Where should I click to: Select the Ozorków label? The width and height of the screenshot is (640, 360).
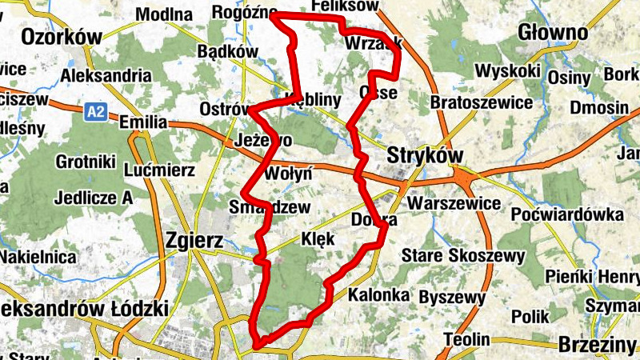[62, 37]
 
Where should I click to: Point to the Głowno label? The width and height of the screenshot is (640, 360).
[553, 33]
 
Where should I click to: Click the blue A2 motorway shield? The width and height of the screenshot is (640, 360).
[96, 112]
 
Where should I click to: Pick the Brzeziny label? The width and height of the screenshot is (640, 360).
[598, 345]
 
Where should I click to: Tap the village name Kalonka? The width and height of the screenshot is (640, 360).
[379, 295]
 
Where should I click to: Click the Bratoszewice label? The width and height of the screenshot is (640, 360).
[482, 102]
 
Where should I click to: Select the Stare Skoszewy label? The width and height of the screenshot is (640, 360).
[463, 256]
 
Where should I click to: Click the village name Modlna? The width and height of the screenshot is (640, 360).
[165, 14]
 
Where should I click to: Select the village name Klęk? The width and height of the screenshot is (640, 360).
[318, 238]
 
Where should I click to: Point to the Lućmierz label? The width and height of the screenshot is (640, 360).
[161, 170]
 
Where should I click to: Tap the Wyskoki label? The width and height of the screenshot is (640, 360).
[507, 70]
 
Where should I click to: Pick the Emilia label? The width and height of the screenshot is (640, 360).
[142, 122]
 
